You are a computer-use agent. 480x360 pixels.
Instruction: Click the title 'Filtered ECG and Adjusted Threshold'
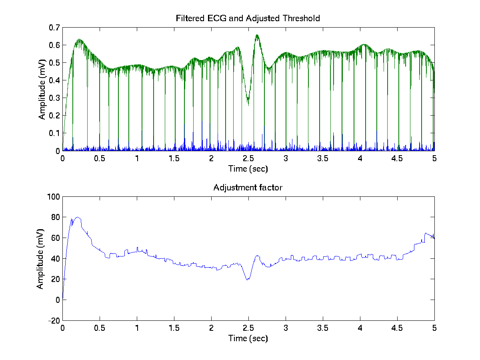click(248, 18)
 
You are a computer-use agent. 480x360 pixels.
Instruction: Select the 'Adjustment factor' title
click(248, 188)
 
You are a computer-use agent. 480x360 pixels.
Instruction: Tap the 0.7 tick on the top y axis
click(54, 28)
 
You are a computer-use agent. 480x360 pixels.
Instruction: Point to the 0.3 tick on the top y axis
click(54, 98)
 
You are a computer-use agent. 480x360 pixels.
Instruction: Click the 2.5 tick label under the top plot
click(248, 159)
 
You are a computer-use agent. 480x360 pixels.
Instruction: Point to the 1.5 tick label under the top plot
click(174, 159)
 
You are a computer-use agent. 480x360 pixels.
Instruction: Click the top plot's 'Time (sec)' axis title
click(248, 169)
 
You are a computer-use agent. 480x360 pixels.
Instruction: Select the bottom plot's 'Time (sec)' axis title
click(248, 338)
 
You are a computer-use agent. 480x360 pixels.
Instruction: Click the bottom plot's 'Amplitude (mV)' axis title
click(40, 258)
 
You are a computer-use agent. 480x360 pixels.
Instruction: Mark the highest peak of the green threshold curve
click(257, 35)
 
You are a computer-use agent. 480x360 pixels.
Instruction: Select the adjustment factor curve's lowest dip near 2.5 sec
click(248, 280)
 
